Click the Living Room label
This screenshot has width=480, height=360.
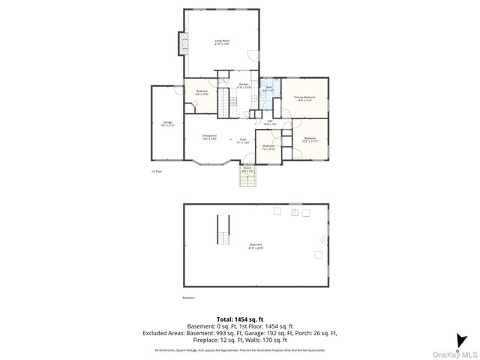(222, 42)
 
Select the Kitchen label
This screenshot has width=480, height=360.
(244, 85)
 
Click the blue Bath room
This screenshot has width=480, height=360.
(268, 92)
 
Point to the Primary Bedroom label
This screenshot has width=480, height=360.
(304, 98)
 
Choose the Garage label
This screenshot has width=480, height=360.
(167, 124)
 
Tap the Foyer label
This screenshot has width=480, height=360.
(243, 140)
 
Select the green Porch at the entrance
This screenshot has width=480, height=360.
(247, 177)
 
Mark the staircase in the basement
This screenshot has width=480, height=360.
(222, 232)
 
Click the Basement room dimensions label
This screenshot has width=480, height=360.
(256, 247)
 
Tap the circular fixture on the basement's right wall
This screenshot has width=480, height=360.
(324, 240)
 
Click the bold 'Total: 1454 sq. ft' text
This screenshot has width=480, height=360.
(240, 319)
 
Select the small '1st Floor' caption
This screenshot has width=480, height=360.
(157, 171)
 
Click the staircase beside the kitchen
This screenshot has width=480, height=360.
(223, 101)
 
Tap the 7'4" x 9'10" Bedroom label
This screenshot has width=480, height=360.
(269, 148)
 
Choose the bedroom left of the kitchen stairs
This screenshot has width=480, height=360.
(202, 93)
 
